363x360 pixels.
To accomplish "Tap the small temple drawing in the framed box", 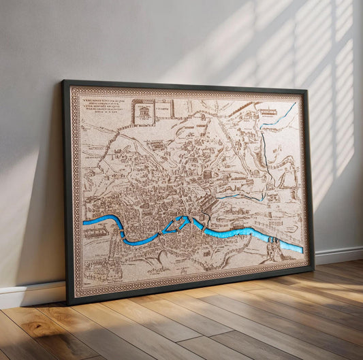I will pyautogui.click(x=144, y=111).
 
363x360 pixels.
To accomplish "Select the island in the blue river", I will pyautogui.click(x=179, y=223).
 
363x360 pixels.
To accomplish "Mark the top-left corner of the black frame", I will pyautogui.click(x=63, y=81).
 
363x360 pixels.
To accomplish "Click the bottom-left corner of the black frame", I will pyautogui.click(x=67, y=303).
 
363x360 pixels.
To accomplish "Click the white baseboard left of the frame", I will pyautogui.click(x=31, y=294).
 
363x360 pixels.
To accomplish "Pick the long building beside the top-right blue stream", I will pyautogui.click(x=268, y=112).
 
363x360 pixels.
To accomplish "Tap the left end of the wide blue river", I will pyautogui.click(x=84, y=222).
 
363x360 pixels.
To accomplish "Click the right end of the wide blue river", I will pyautogui.click(x=301, y=249).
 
